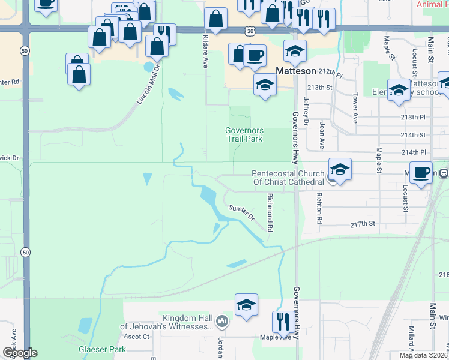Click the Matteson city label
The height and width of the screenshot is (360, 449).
pos(295,71)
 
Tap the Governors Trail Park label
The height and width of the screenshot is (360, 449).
pos(244,134)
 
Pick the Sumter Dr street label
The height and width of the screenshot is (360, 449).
pos(241,212)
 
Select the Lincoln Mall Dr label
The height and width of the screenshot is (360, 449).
pos(149,84)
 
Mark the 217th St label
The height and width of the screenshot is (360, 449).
pos(363,223)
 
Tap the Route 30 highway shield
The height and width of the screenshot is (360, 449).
pos(249,31)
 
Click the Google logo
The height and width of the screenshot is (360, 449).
pos(20,353)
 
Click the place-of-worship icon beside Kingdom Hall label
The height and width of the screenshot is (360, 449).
pos(222,322)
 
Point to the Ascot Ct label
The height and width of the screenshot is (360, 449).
pos(136,337)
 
